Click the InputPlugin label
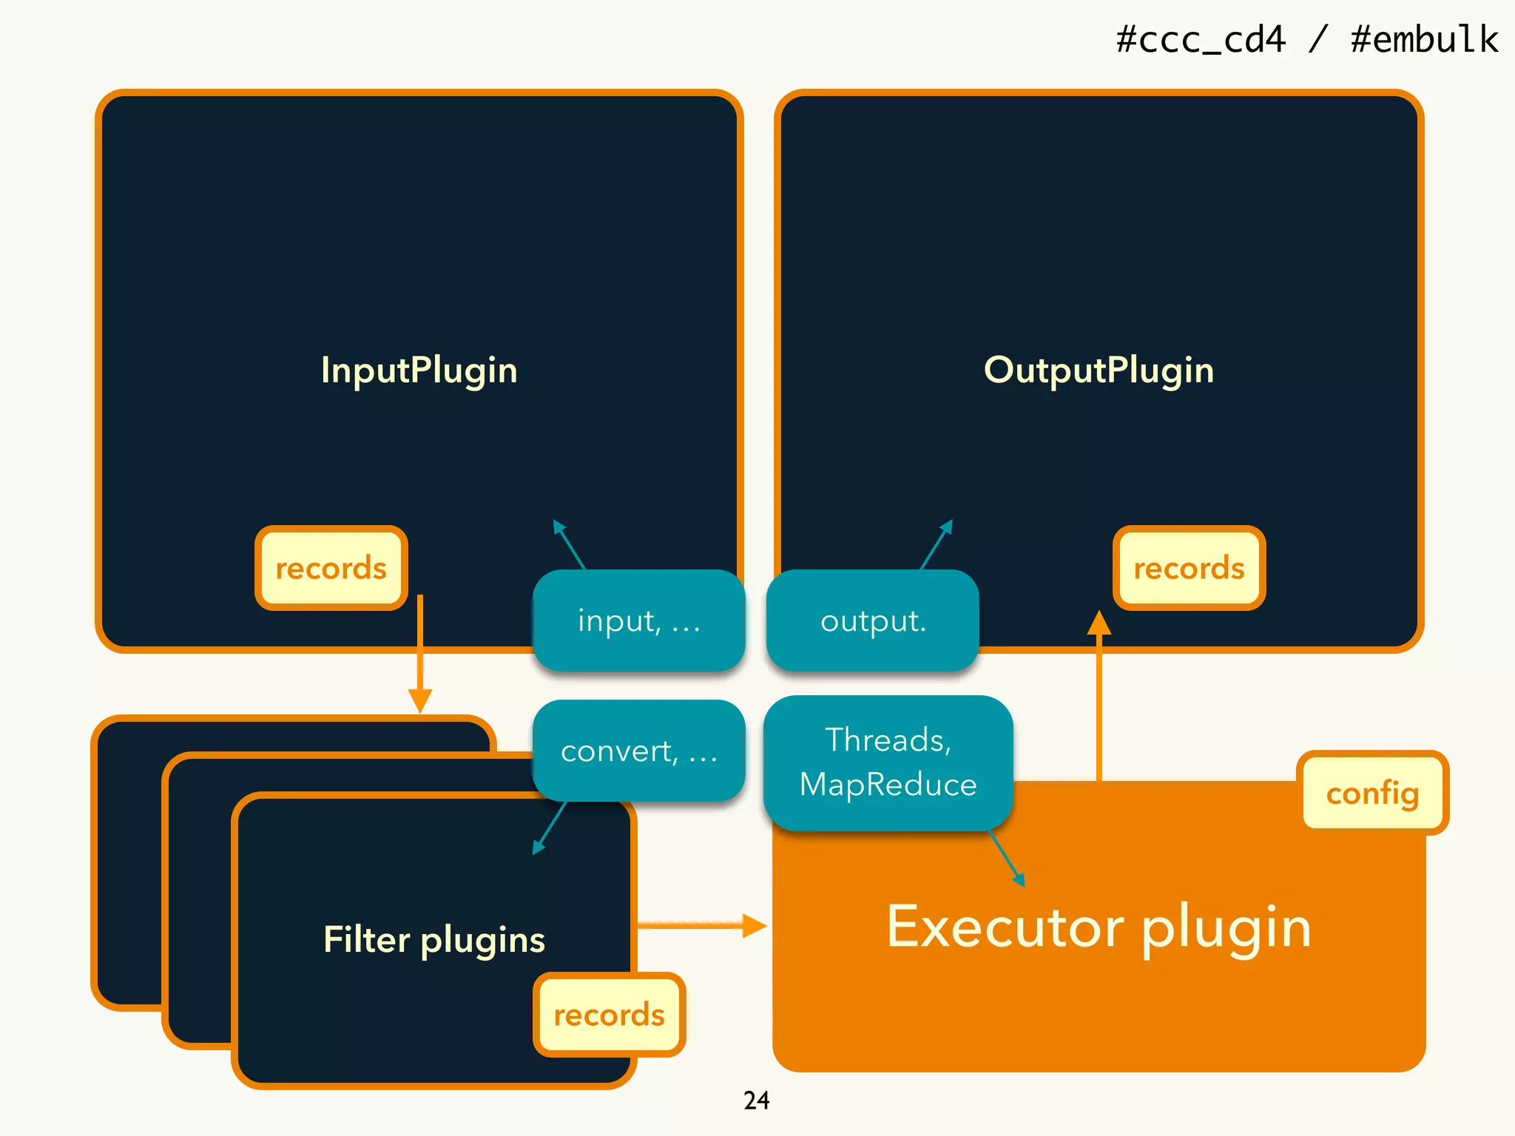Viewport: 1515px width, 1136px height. [x=419, y=370]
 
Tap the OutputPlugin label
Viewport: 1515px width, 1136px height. [x=1099, y=370]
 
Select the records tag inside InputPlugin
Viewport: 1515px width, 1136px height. [x=331, y=568]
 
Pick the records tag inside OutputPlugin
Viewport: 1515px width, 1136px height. [x=1189, y=568]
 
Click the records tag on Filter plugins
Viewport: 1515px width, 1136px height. [x=609, y=1015]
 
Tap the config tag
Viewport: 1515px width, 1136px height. [x=1372, y=793]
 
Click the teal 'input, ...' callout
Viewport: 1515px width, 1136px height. [x=638, y=621]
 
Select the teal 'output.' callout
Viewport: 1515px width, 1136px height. [x=873, y=621]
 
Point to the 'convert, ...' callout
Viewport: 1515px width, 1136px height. [x=638, y=751]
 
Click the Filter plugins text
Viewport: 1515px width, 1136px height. [x=434, y=939]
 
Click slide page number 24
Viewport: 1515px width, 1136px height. [x=756, y=1100]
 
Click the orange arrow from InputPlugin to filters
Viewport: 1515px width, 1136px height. [x=420, y=651]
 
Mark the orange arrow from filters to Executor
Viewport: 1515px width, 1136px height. [x=699, y=924]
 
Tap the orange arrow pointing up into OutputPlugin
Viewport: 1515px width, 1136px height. [x=1099, y=695]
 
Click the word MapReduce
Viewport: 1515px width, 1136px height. [x=888, y=784]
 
